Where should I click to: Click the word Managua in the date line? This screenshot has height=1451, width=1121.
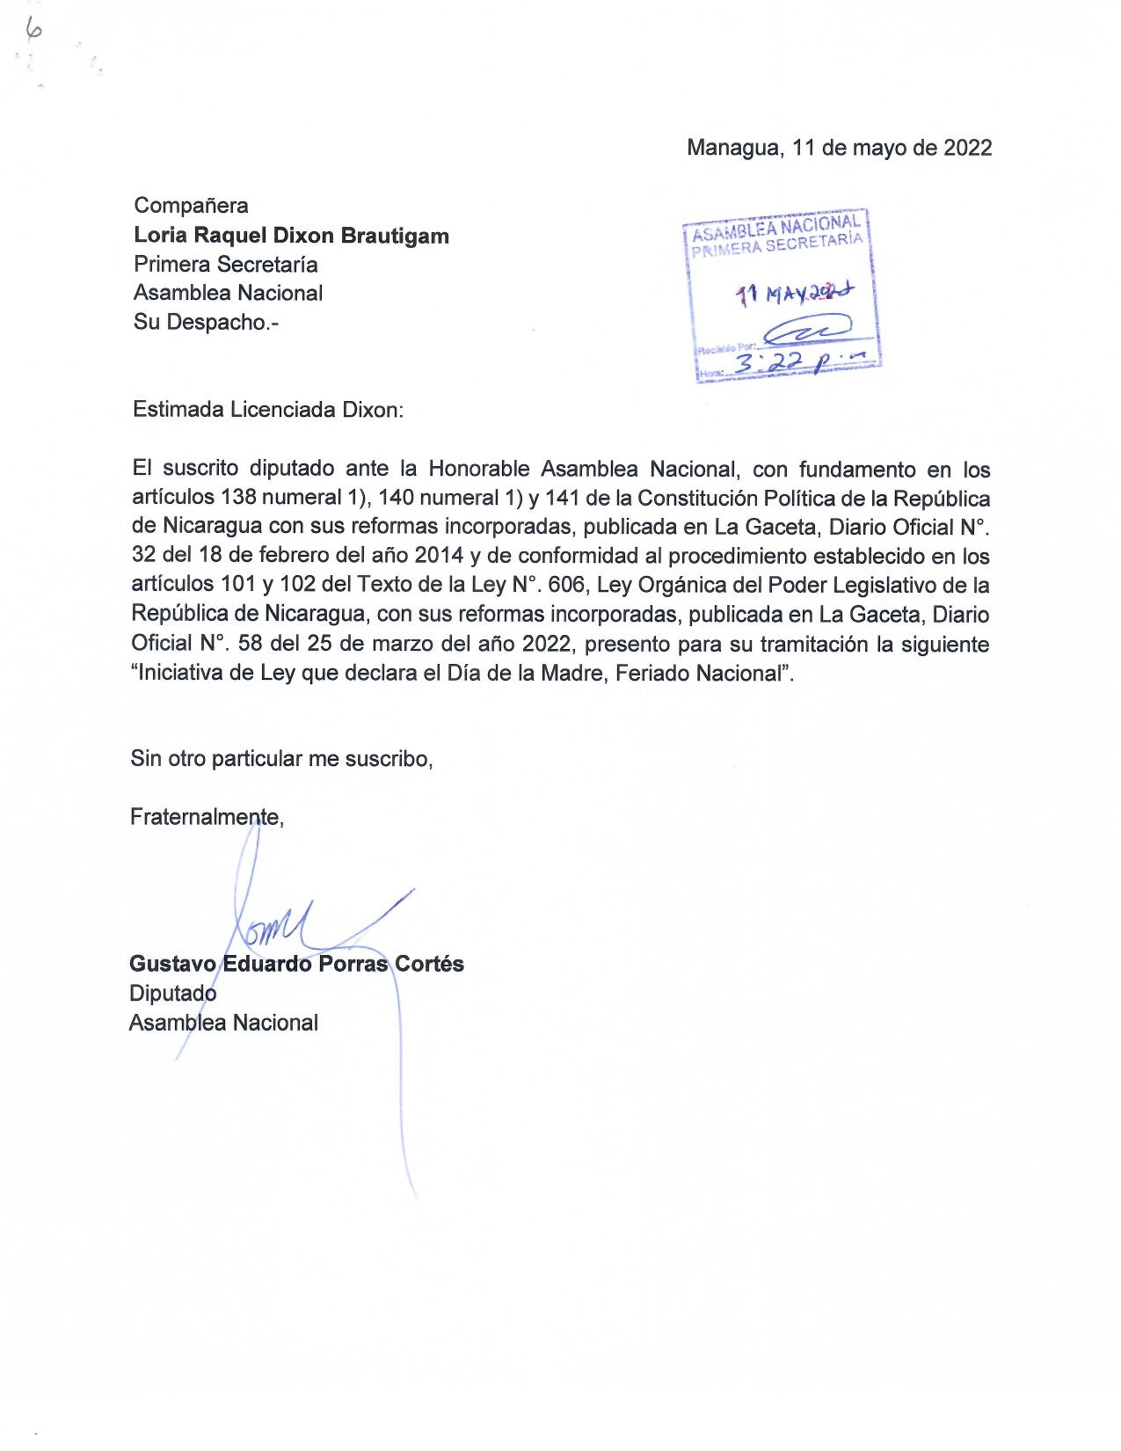click(x=732, y=147)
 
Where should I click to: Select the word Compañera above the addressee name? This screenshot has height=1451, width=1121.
click(x=191, y=206)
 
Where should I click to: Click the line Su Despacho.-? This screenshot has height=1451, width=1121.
click(x=200, y=322)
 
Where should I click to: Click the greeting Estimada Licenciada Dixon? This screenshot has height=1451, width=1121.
click(x=267, y=410)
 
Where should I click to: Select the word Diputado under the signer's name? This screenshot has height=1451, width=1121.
click(x=172, y=994)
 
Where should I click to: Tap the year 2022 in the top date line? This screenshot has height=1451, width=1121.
click(x=967, y=147)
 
